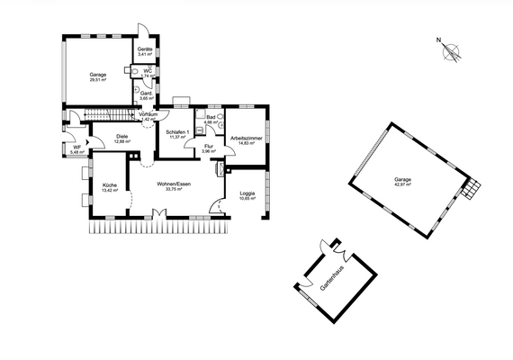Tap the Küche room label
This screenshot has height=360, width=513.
tap(110, 184)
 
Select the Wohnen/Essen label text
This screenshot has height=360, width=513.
tap(169, 184)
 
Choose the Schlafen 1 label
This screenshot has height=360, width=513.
tap(176, 131)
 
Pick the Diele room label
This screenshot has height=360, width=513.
tap(121, 136)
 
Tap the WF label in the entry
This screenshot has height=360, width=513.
tap(76, 147)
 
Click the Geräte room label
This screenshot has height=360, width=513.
tap(144, 49)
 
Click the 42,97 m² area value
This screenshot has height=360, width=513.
tap(402, 185)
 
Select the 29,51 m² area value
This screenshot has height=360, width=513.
tap(97, 80)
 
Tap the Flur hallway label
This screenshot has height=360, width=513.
tap(207, 146)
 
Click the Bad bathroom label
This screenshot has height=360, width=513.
tap(211, 116)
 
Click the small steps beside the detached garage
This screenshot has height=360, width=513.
tap(472, 189)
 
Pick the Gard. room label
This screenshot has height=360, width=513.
tap(144, 92)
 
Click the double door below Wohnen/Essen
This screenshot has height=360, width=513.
tap(157, 214)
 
